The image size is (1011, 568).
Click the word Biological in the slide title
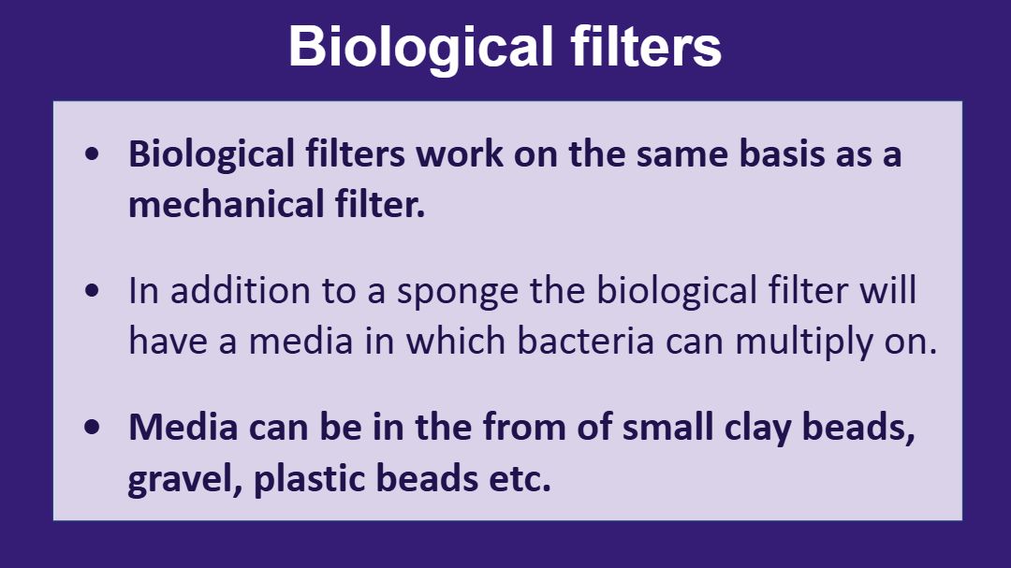(x=421, y=48)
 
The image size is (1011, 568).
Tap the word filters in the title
(x=646, y=47)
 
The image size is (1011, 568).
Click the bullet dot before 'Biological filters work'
(x=92, y=154)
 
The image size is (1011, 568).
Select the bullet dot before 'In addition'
(x=92, y=290)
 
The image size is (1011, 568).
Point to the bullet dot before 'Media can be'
(x=92, y=427)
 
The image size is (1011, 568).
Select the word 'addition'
(x=241, y=291)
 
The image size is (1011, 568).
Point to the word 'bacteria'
(x=585, y=341)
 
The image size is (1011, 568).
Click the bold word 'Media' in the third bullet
(x=183, y=427)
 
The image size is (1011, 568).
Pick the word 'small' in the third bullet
(x=667, y=427)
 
